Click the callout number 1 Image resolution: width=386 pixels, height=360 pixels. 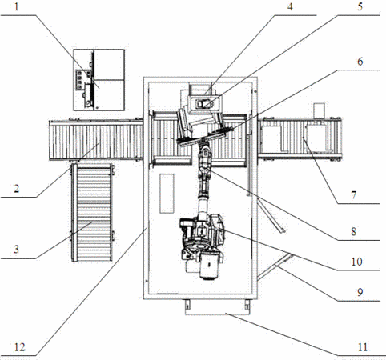[17, 7]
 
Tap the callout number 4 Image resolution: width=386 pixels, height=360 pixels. [290, 6]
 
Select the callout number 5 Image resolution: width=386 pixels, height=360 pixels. [360, 6]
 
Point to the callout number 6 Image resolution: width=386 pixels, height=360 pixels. [360, 62]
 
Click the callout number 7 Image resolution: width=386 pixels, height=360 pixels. [354, 195]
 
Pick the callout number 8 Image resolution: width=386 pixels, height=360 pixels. [354, 231]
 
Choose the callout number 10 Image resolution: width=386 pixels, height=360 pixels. [356, 262]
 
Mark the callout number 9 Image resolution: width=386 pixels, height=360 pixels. [360, 292]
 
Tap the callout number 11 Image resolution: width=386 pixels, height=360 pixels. [363, 347]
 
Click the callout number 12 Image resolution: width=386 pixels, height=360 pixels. [19, 347]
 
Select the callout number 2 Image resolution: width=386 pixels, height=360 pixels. [17, 189]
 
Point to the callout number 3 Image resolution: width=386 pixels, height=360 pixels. [17, 250]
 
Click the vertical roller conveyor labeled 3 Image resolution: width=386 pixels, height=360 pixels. [92, 213]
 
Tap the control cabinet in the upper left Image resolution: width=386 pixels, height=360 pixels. [99, 80]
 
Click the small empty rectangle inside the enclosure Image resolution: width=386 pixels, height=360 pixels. [167, 194]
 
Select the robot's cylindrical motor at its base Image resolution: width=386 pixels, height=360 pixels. [211, 266]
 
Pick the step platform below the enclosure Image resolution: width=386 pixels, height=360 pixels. [217, 307]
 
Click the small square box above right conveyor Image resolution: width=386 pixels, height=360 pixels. [320, 110]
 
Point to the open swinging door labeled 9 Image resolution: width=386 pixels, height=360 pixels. [275, 266]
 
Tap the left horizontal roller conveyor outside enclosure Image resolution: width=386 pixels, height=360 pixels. [95, 140]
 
